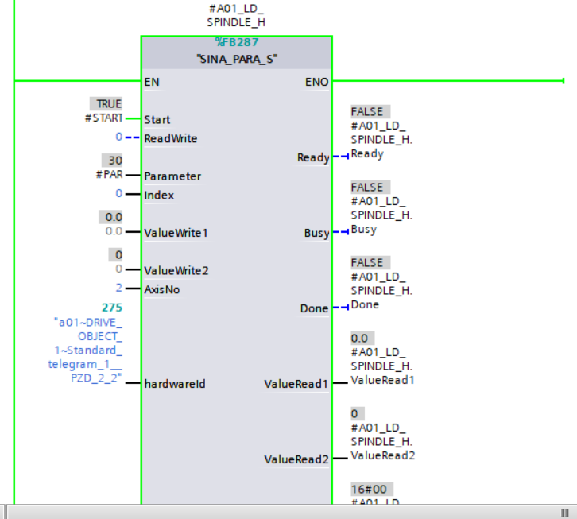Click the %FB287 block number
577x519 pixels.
(237, 43)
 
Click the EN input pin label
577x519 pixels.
(152, 81)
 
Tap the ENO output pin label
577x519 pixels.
(317, 81)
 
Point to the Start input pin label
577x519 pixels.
(157, 119)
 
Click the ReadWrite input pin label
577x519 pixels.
(170, 138)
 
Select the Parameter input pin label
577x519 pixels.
(172, 176)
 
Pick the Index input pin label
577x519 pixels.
(159, 195)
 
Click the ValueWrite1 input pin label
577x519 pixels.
(176, 233)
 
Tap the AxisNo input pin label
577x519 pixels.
(162, 289)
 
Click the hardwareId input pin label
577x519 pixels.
(175, 384)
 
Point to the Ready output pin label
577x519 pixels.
(313, 157)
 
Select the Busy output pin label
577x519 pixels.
(316, 233)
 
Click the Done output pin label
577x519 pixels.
(315, 308)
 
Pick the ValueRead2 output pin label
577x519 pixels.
(296, 459)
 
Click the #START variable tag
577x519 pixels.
(103, 118)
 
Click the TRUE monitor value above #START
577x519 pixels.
(109, 104)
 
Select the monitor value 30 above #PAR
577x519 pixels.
(115, 161)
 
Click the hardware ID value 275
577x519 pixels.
(112, 307)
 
